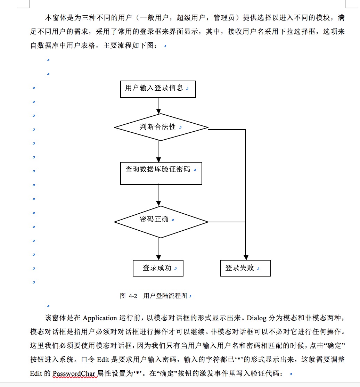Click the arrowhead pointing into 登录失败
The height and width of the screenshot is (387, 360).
246,257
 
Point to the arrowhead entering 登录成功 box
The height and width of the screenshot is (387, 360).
158,257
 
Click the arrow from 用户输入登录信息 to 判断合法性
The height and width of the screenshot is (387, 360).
158,106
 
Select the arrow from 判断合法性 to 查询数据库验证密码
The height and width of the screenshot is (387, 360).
158,151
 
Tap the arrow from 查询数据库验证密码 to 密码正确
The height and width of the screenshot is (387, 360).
158,195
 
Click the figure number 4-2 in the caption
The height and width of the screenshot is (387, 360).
133,296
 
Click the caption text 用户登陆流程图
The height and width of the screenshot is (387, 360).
165,296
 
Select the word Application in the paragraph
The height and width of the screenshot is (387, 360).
100,318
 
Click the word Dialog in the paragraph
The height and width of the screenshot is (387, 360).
256,318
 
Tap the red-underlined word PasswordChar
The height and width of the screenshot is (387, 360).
74,373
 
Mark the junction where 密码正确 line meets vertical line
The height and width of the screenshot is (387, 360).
246,222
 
